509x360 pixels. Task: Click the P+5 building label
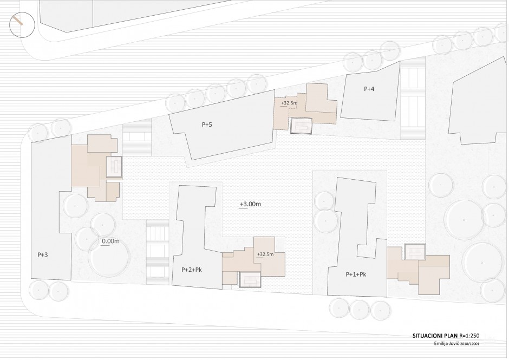click(207, 125)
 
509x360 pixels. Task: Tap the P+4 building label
click(369, 89)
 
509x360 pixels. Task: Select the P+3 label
click(43, 255)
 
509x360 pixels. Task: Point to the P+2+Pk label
click(192, 270)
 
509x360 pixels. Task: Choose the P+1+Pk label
click(356, 274)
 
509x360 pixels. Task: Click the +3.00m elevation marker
click(250, 204)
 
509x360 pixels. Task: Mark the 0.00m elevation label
click(110, 241)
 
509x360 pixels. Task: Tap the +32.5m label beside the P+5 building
click(289, 103)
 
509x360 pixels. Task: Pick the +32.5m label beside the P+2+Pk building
click(265, 254)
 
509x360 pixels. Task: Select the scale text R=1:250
click(469, 336)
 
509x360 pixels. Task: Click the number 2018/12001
click(470, 344)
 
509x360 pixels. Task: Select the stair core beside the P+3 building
click(114, 167)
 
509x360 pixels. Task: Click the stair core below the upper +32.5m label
click(301, 126)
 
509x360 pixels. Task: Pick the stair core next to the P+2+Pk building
click(251, 280)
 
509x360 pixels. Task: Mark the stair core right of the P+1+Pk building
click(415, 252)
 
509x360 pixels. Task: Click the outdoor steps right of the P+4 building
click(413, 100)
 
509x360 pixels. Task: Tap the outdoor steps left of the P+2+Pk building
click(158, 252)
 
